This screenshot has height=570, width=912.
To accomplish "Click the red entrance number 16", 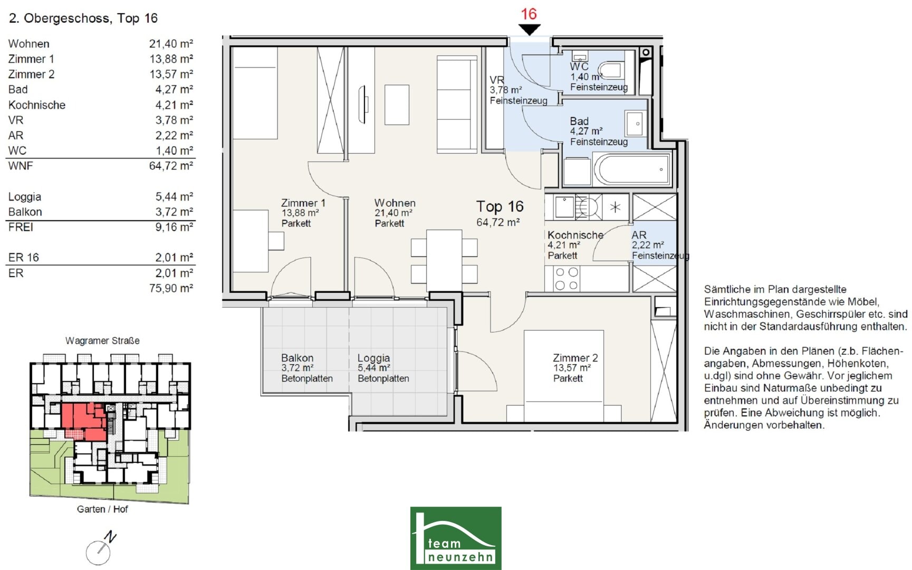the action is point(529,14).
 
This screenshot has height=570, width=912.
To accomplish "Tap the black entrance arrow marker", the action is point(529,30).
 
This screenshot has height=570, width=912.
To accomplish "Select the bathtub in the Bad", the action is point(632,169).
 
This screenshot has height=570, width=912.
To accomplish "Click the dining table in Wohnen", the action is point(444,260).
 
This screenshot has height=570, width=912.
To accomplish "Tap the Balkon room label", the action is point(297,358).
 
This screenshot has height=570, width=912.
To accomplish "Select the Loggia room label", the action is point(373,358).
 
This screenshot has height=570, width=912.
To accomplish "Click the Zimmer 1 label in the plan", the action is point(303,203).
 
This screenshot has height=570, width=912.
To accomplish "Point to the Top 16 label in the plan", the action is point(500,206).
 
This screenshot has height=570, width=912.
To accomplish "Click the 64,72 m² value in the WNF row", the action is point(171,166).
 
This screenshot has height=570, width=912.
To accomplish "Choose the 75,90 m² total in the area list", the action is point(171,288).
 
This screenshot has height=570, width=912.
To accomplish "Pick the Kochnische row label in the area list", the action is point(37,105).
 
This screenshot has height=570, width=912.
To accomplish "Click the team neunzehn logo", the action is point(456,538).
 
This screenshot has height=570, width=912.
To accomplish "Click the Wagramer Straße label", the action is point(102,341).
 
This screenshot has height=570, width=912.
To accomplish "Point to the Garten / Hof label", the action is point(102,509).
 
